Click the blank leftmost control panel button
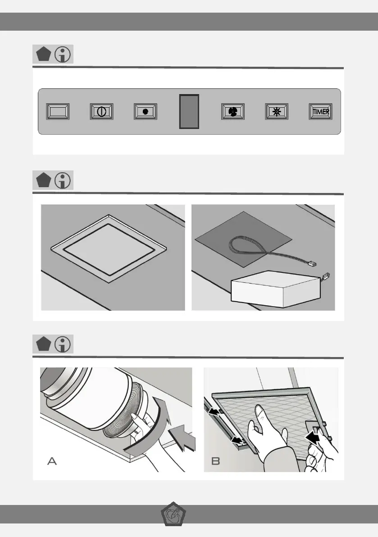(58, 112)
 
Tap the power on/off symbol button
(102, 112)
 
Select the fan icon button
(233, 112)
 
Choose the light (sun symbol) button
(277, 112)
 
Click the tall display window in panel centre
(189, 112)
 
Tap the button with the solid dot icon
(146, 112)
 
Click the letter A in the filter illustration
(52, 461)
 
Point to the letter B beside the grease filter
(215, 461)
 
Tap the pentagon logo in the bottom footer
(173, 514)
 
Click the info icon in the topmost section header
(63, 54)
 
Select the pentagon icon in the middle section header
(43, 180)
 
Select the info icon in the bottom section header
(63, 344)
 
